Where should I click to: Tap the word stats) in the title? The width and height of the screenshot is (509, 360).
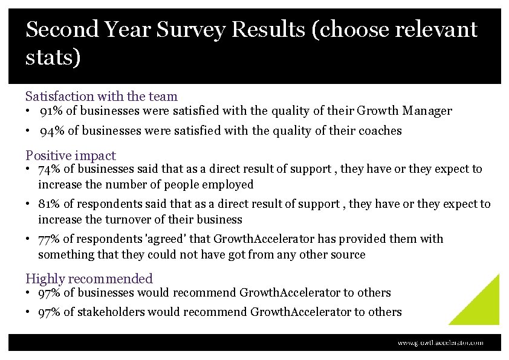pos(53,58)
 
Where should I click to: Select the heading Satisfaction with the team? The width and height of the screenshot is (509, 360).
pos(102,96)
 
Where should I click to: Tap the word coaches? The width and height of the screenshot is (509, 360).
pos(380,131)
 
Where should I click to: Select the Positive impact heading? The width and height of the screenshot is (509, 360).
pos(71,155)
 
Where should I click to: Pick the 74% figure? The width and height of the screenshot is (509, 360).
pos(50,170)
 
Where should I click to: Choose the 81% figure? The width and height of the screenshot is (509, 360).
pos(50,205)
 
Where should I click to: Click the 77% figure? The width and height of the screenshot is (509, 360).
pos(50,240)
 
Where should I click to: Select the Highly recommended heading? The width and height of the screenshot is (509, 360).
pos(89,278)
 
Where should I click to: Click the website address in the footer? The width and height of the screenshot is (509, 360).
pos(440,342)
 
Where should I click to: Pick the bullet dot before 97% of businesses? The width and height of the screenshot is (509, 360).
pos(28,293)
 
